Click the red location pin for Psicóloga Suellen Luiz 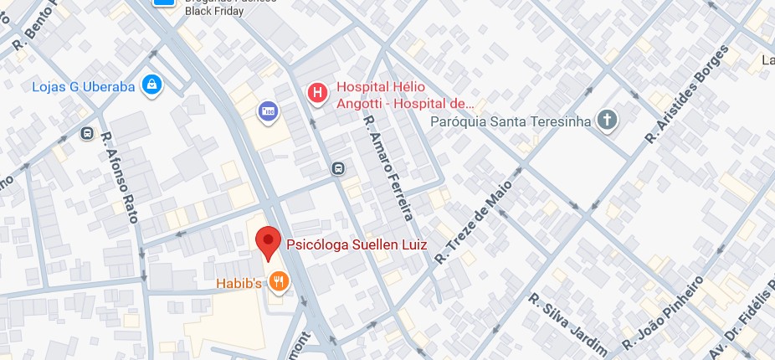click(x=268, y=242)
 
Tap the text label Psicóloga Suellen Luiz click(x=357, y=245)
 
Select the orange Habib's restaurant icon click(x=279, y=283)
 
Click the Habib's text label click(x=242, y=283)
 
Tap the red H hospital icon click(x=317, y=94)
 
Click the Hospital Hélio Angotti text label click(x=405, y=95)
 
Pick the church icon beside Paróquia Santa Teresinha click(x=607, y=121)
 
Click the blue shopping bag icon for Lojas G click(x=152, y=84)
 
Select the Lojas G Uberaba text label click(x=84, y=85)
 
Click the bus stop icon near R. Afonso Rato click(x=87, y=134)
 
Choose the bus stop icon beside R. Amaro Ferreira click(x=337, y=168)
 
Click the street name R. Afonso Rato click(x=118, y=177)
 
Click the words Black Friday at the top click(x=214, y=12)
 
